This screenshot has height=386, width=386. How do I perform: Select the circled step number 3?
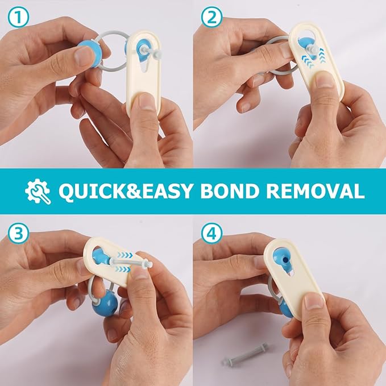(x=18, y=233)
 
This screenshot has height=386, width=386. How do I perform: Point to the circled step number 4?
(x=211, y=233)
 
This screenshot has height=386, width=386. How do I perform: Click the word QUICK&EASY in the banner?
(x=125, y=191)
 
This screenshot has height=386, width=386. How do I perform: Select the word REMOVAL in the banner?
(x=315, y=191)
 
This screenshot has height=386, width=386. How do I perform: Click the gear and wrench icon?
(x=38, y=192)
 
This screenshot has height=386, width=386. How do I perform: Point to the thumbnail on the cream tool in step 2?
(x=325, y=78)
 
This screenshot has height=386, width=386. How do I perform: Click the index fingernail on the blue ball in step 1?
(x=84, y=55)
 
